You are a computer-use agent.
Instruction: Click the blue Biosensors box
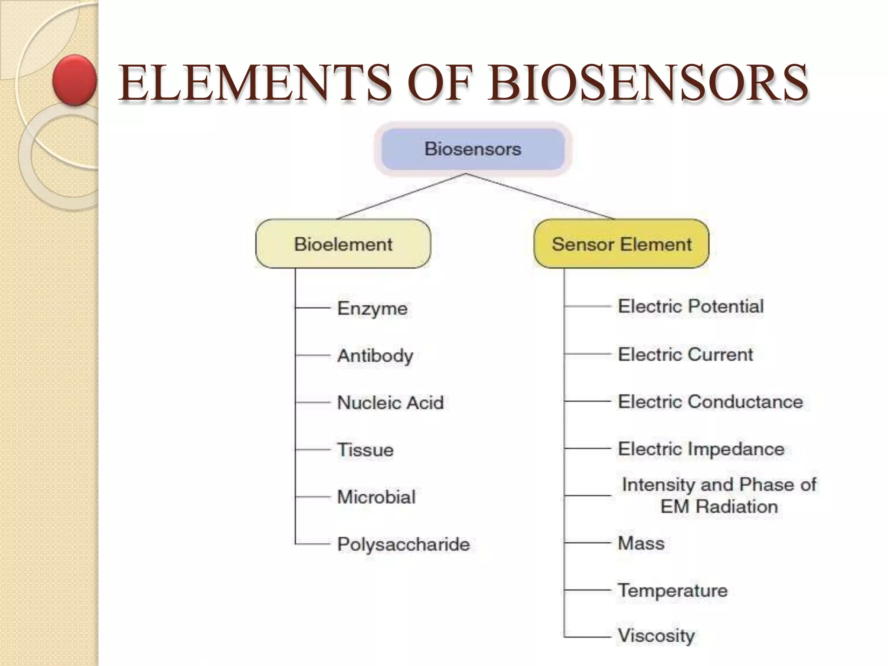tap(473, 149)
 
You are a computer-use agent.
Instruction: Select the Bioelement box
tap(343, 244)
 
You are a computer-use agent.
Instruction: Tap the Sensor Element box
tap(621, 244)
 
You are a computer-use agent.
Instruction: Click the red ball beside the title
tap(75, 80)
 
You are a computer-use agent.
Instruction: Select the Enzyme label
tap(372, 309)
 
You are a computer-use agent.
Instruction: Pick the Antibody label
tap(375, 356)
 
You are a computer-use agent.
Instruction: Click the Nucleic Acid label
tap(390, 403)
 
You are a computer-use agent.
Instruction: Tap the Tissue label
tap(366, 450)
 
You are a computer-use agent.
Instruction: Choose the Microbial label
tap(376, 497)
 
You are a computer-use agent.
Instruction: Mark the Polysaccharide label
tap(403, 544)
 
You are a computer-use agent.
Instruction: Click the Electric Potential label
tap(690, 307)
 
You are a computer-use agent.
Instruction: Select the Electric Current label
tap(685, 355)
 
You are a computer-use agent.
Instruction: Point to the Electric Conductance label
tap(710, 402)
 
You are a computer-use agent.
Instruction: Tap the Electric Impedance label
tap(701, 449)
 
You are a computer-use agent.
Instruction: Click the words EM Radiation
tap(719, 507)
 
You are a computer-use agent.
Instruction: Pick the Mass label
tap(641, 543)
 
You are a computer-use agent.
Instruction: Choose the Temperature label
tap(673, 591)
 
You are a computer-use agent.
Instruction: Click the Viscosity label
tap(656, 636)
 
